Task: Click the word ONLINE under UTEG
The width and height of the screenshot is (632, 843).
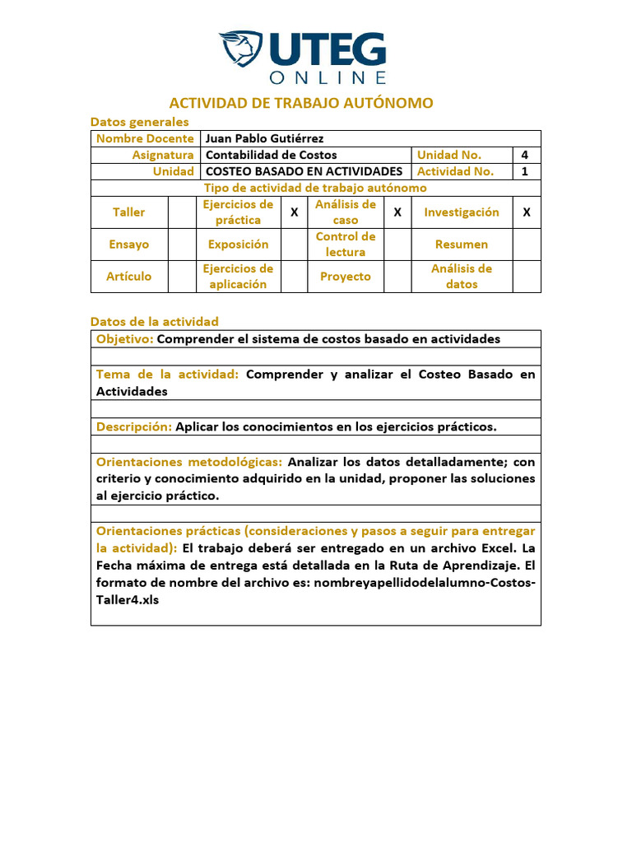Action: point(328,77)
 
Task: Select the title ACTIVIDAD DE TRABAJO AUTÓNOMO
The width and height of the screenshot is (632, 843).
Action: point(301,103)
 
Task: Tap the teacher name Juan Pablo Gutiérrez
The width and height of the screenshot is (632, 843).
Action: point(264,138)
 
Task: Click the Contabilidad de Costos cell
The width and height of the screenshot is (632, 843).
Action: point(271,155)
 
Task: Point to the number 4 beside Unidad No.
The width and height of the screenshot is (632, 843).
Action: point(525,155)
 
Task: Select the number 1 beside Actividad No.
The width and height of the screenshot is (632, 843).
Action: point(525,171)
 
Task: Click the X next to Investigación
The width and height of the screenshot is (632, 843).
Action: point(527,212)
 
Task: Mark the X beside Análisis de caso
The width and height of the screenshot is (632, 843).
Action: point(397,212)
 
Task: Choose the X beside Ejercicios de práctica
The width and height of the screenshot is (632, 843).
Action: point(294,212)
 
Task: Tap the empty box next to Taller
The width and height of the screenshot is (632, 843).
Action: point(181,212)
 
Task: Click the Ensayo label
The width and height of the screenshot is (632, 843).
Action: point(129,245)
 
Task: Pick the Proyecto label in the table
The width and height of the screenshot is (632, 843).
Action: point(346,277)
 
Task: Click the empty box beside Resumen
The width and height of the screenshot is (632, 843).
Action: point(527,245)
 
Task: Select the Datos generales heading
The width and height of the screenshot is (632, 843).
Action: point(139,122)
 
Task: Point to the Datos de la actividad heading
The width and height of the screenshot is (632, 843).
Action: point(154,321)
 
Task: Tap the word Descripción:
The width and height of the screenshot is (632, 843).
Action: point(134,426)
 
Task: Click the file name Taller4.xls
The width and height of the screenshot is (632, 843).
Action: point(128,599)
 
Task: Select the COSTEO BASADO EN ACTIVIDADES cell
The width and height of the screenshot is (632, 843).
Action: point(304,171)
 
